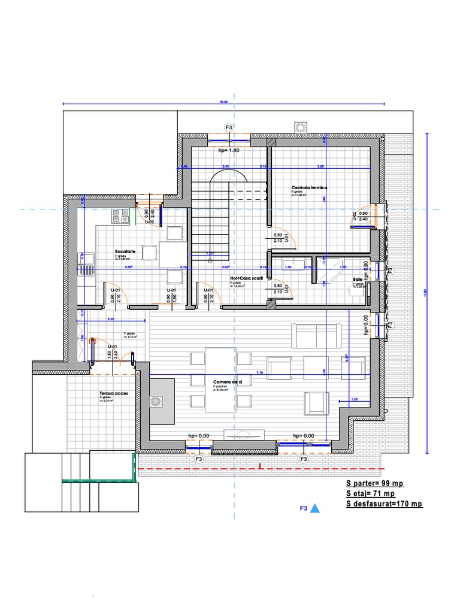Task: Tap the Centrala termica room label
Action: point(310,187)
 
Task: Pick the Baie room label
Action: point(358,280)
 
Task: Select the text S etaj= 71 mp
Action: point(370,494)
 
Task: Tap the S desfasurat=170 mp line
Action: point(384,504)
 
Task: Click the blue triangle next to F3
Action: point(315,509)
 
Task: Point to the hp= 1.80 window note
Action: point(228,151)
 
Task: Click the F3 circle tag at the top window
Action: point(228,128)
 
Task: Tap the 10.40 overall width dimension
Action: point(223,102)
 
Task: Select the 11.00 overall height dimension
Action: point(425,292)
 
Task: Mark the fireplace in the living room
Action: point(157,401)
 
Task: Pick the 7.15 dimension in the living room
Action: point(259,373)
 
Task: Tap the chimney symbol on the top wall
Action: point(299,127)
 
